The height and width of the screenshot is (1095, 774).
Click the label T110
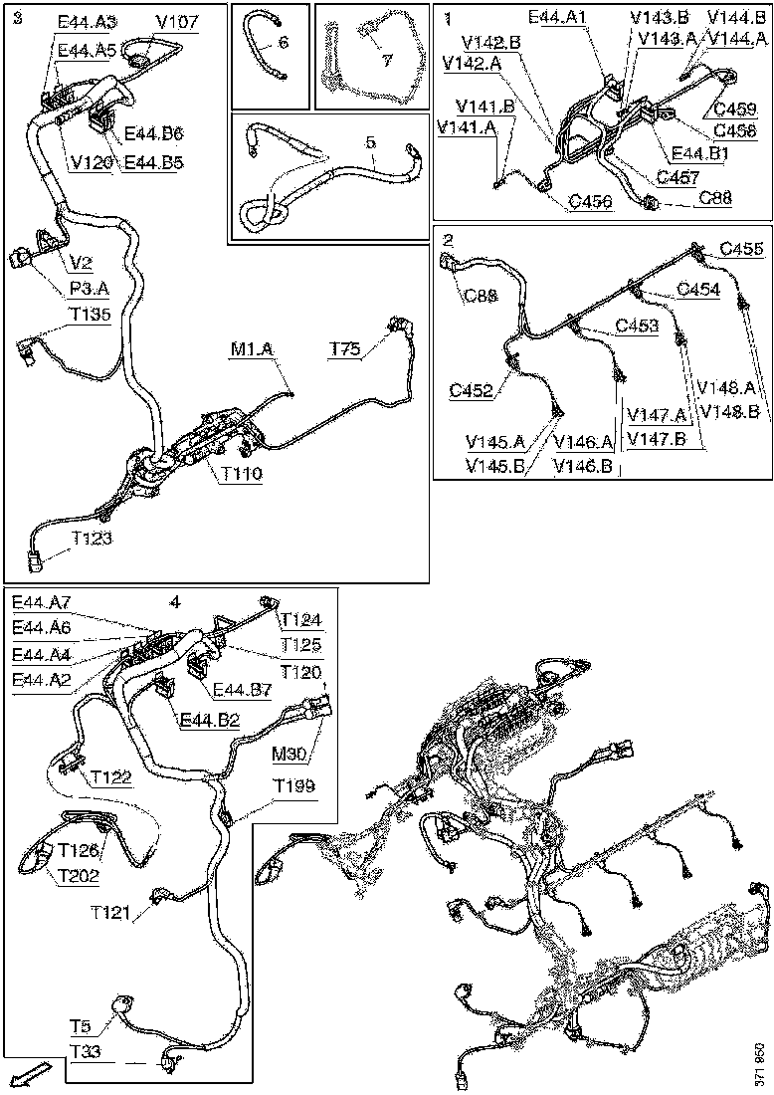[242, 475]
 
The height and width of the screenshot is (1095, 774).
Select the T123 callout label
[91, 538]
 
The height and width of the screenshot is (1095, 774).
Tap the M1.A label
[252, 349]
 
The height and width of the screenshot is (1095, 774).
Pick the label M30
[298, 751]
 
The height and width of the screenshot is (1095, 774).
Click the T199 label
[295, 786]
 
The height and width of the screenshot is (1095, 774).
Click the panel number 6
[283, 43]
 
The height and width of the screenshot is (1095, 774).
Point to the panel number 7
[387, 60]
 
